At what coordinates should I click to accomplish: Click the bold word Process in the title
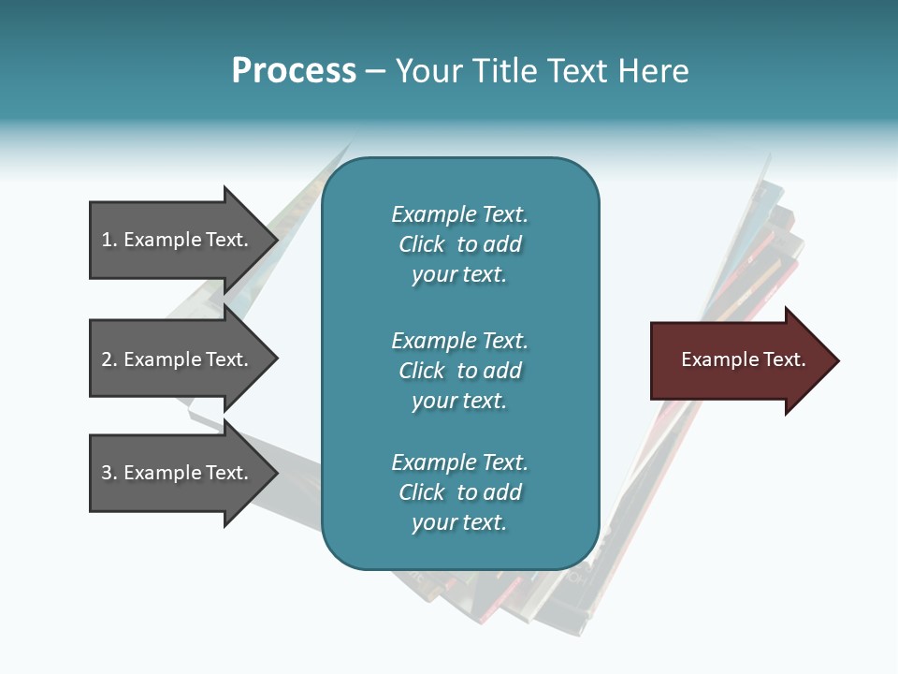294,71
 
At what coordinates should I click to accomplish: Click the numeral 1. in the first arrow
109,240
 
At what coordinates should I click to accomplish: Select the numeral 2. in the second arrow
109,359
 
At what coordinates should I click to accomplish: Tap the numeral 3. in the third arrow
109,473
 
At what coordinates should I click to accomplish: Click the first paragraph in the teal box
459,244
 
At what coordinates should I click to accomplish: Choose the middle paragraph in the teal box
459,370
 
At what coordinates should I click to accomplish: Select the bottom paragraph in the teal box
459,492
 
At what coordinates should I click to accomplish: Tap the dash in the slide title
375,71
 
